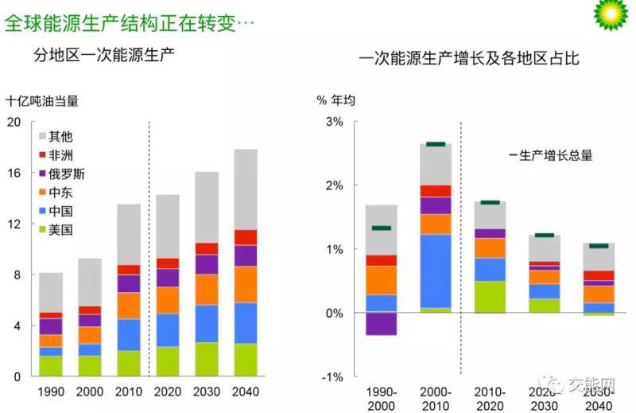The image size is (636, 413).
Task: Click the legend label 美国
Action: point(61,230)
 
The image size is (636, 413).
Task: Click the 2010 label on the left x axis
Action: point(128,392)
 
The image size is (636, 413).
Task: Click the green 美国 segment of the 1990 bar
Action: point(51,365)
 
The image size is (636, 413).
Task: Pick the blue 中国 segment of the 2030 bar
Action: point(207,323)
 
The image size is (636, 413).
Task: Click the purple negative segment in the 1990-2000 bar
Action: point(381,324)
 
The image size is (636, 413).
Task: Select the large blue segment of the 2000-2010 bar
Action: point(436,271)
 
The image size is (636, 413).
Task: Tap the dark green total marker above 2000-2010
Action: point(436,144)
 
